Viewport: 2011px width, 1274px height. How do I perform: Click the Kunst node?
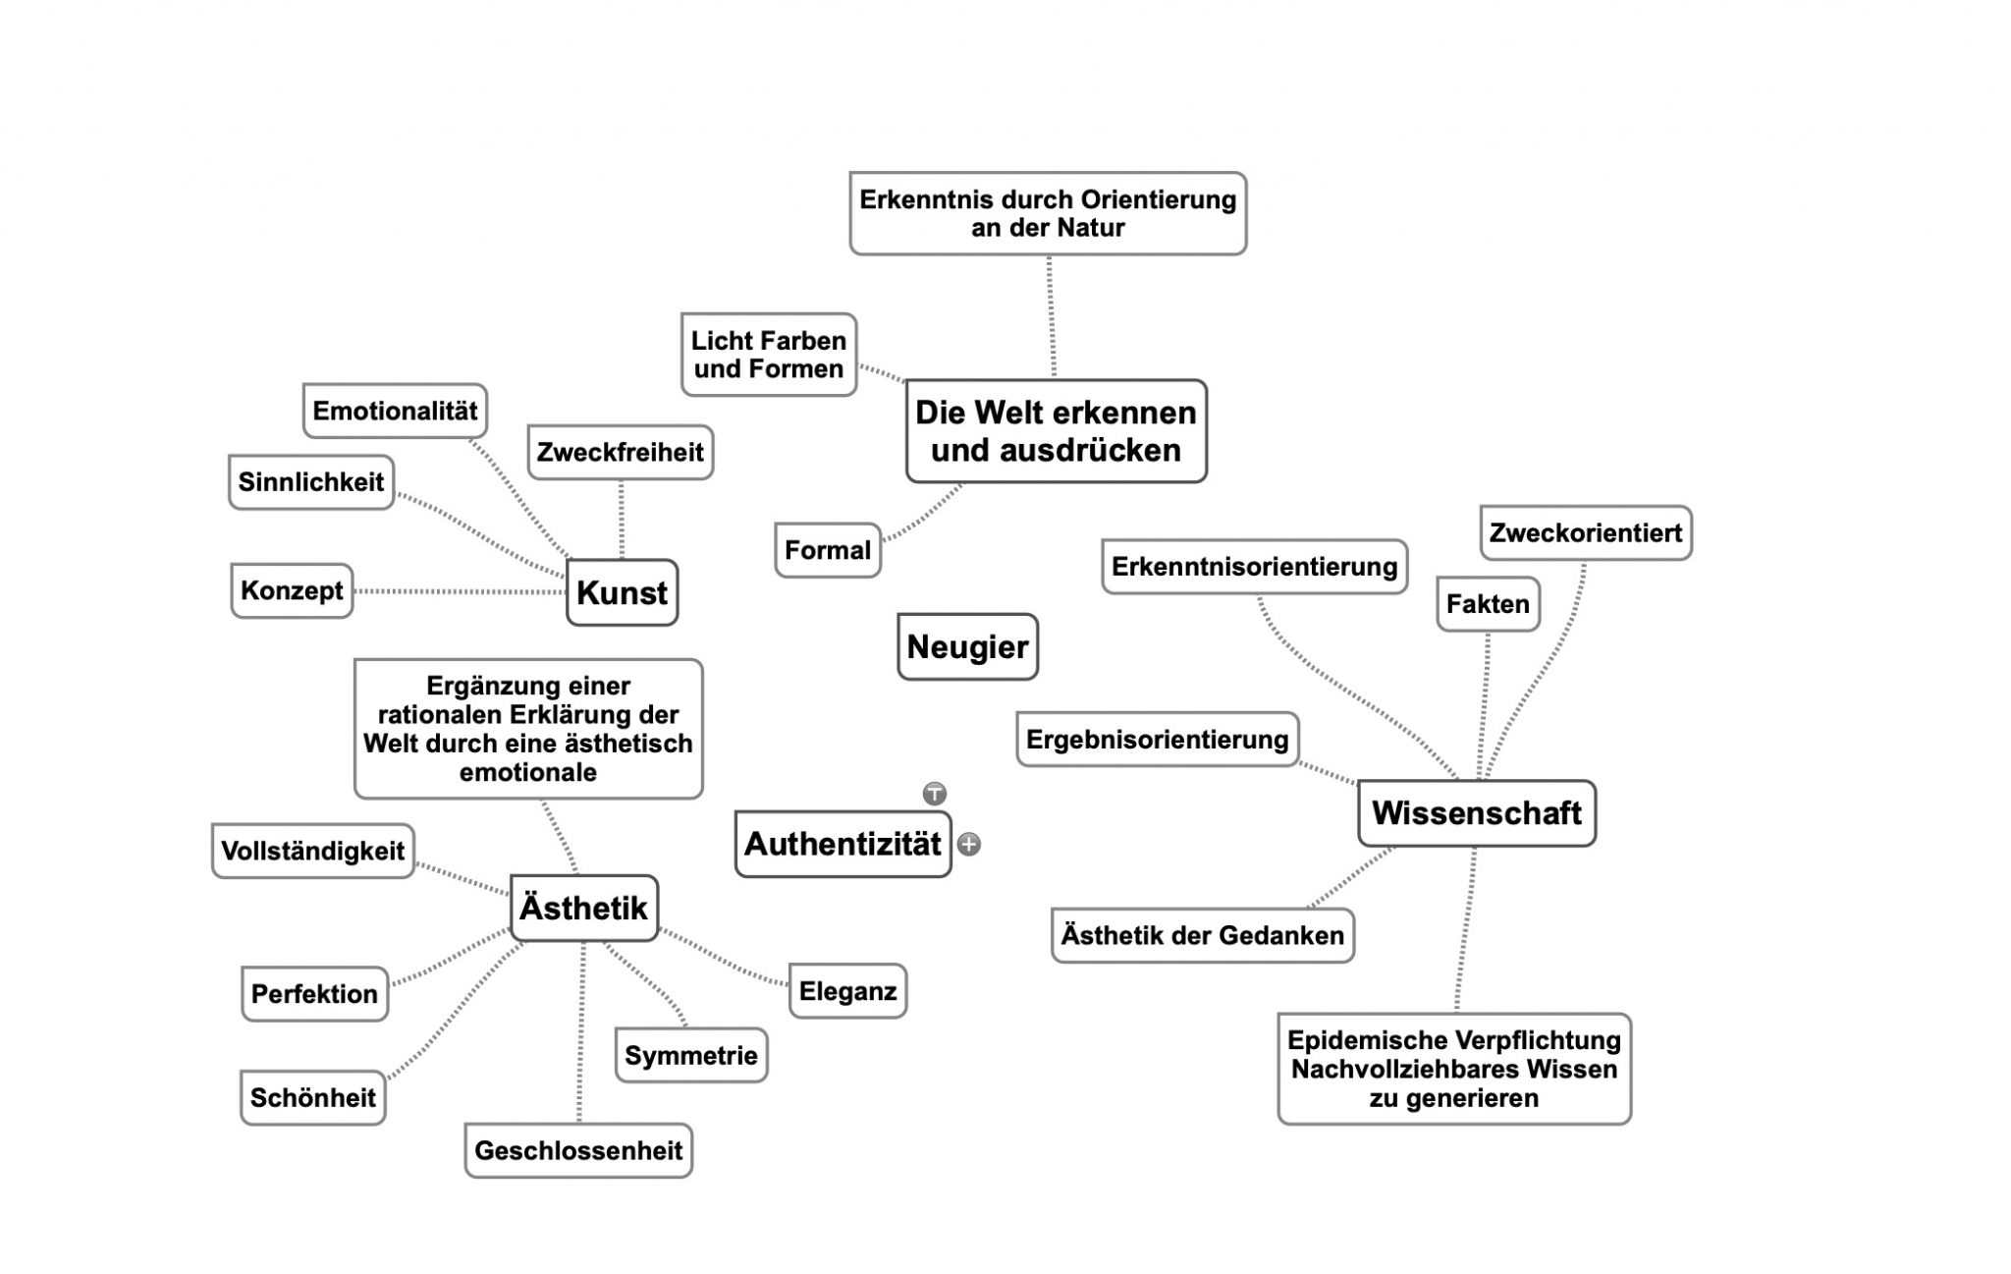tap(622, 592)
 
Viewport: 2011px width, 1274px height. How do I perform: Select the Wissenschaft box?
tap(1476, 813)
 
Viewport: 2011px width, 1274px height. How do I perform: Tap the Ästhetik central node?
tap(583, 908)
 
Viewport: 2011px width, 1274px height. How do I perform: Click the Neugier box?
tap(967, 646)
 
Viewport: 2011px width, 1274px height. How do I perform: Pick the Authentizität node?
tap(842, 844)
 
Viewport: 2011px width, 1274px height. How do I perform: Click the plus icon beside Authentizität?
tap(969, 844)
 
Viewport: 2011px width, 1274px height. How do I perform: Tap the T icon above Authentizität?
tap(934, 793)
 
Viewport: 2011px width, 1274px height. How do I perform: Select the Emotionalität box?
tap(395, 411)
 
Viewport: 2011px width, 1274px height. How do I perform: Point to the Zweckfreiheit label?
tap(620, 452)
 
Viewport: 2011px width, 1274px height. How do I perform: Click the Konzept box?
tap(292, 590)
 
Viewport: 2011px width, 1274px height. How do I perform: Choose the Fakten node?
tap(1488, 603)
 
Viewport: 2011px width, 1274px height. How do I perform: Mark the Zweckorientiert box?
tap(1585, 532)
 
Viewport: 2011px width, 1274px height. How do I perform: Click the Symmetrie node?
tap(690, 1055)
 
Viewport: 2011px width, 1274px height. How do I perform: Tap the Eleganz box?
tap(847, 991)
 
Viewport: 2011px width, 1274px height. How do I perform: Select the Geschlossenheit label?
tap(578, 1150)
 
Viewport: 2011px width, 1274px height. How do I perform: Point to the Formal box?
tap(827, 550)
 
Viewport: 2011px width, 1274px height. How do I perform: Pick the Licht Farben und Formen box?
tap(768, 355)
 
